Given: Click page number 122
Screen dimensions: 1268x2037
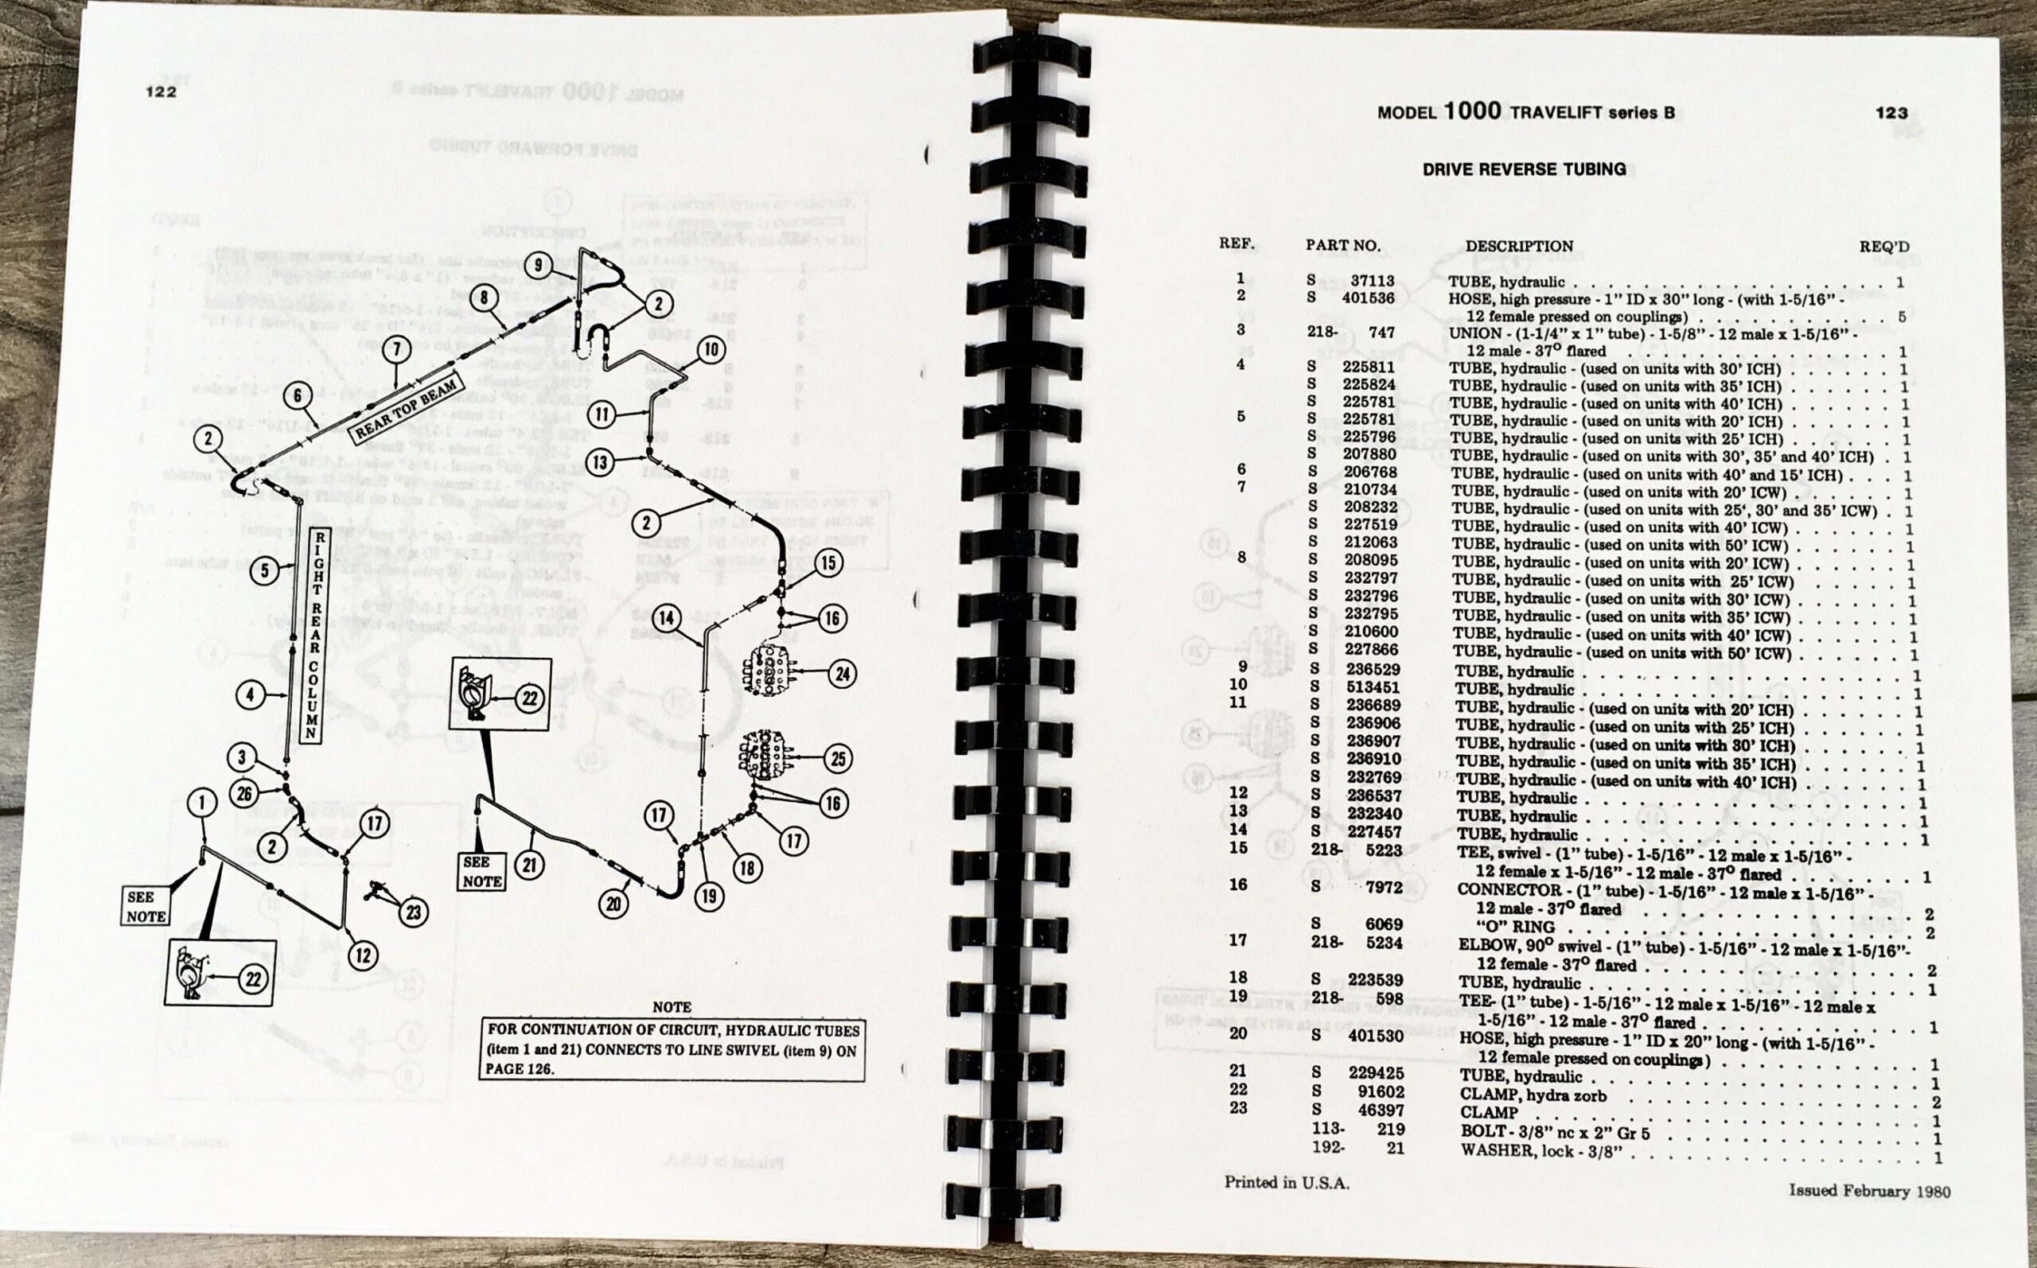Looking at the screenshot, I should click(161, 91).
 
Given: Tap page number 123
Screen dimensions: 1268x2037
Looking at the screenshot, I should click(1891, 112).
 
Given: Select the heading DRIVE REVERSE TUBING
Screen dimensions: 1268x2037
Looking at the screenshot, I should click(1523, 169).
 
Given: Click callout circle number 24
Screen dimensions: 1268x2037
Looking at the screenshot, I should click(842, 674).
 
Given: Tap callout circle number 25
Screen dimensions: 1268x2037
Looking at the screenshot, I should click(838, 759).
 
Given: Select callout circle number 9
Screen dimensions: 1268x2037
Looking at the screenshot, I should click(539, 264).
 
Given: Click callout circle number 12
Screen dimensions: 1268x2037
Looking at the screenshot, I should click(362, 955).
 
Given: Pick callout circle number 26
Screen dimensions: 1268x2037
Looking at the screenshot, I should click(244, 793).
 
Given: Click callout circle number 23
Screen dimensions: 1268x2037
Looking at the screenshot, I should click(413, 912).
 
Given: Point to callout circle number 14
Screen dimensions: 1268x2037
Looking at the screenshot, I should click(666, 619).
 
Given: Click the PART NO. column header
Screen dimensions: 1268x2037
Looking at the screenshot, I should click(1342, 246).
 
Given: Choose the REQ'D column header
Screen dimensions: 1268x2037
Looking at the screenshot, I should click(1883, 247).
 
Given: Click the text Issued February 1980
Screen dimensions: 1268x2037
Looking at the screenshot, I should click(1869, 1191).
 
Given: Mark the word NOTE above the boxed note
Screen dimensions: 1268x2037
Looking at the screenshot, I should click(671, 1006).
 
